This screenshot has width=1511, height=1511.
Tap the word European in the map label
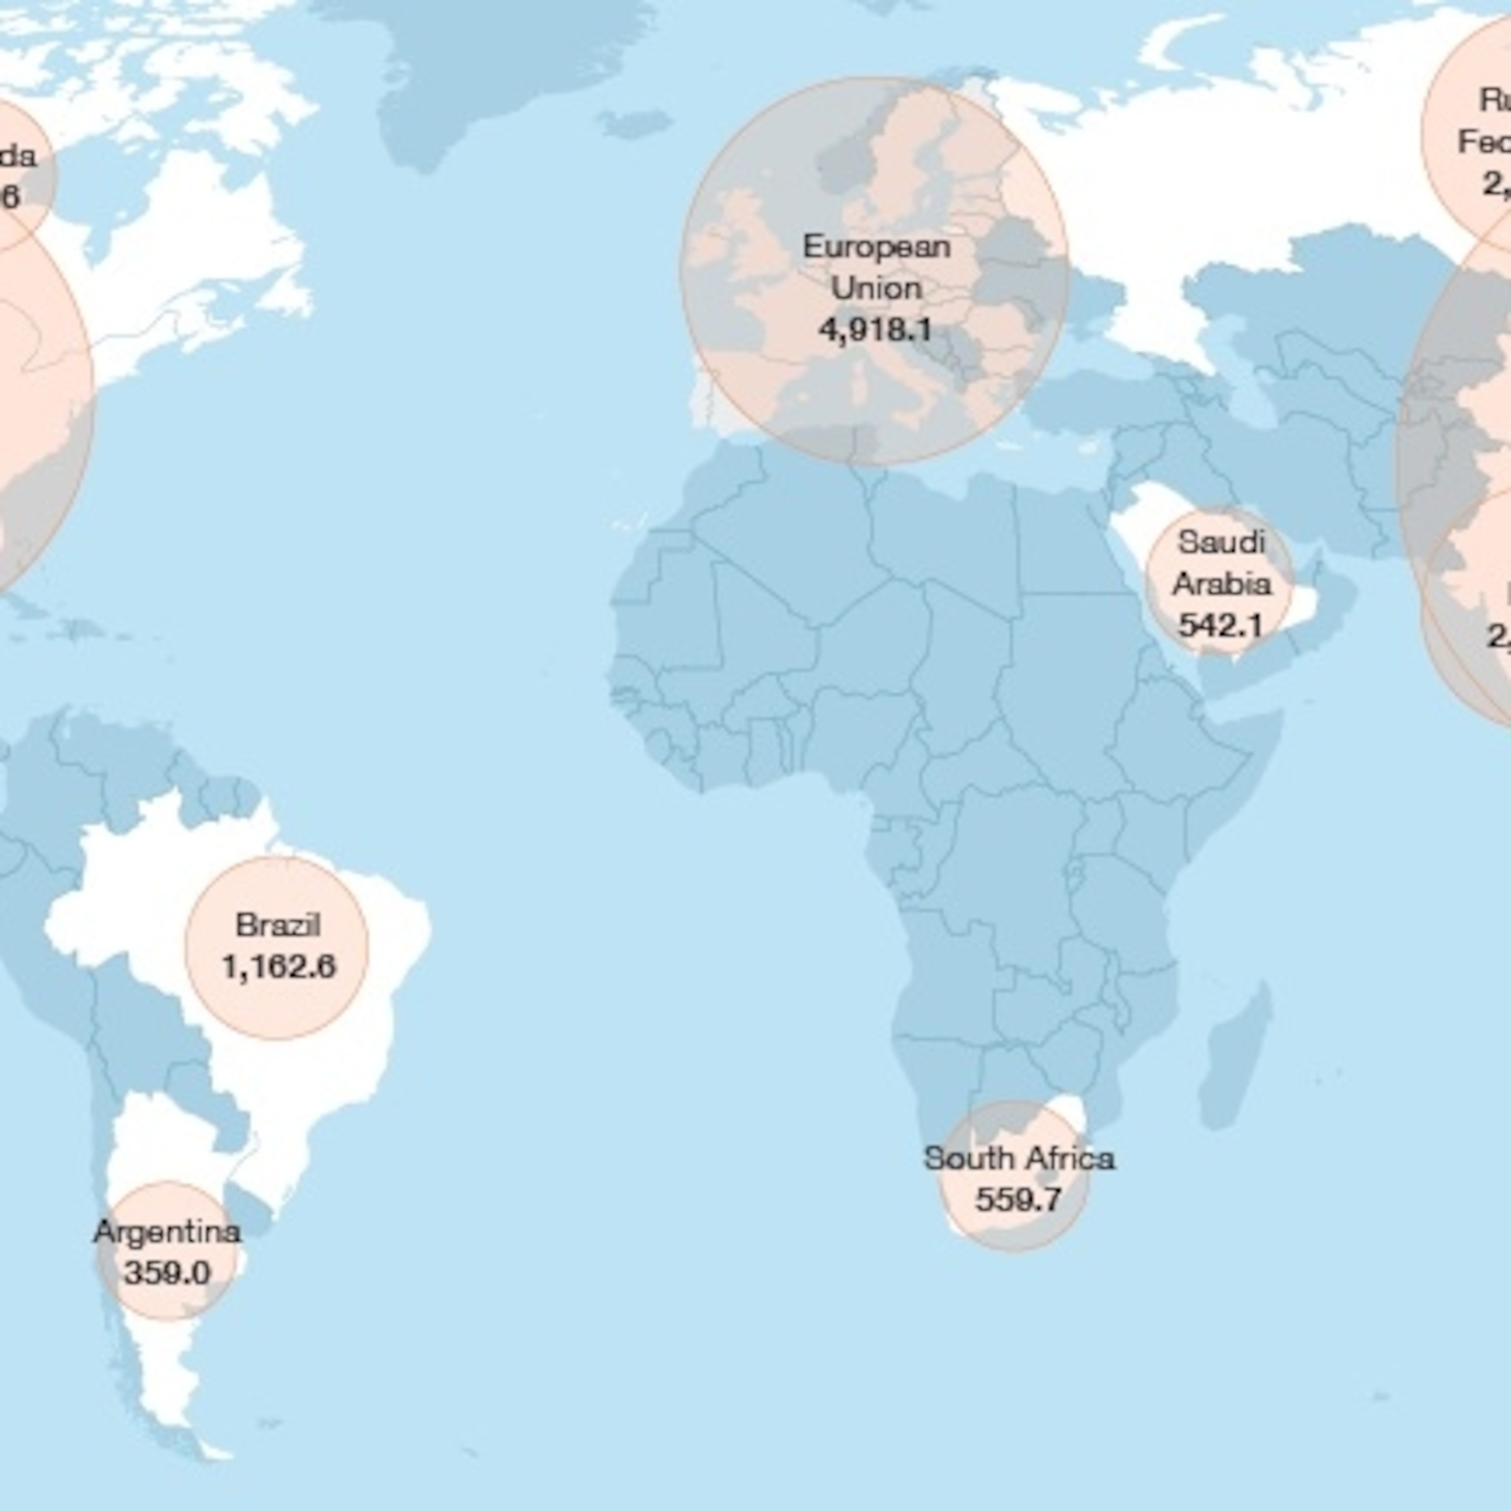point(876,247)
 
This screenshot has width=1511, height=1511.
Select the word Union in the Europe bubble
point(876,289)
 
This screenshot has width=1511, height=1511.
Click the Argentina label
point(167,1232)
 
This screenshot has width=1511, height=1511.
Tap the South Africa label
point(1018,1158)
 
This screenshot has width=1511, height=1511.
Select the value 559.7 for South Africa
point(1018,1199)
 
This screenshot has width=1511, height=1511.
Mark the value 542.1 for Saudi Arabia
point(1220,624)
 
